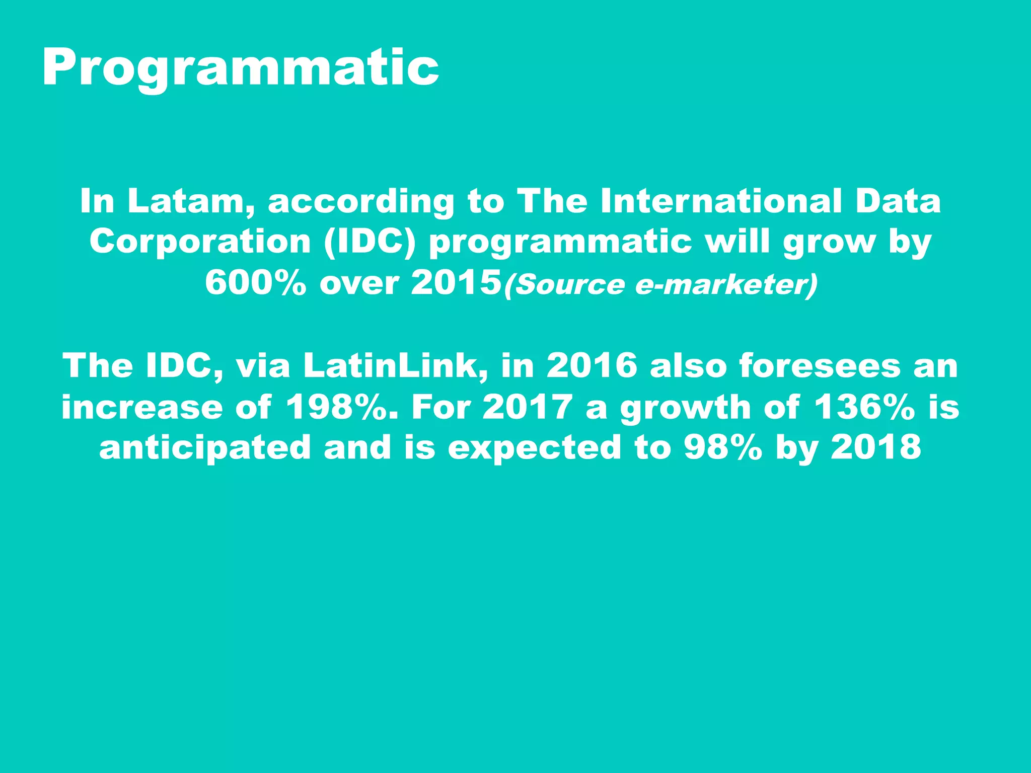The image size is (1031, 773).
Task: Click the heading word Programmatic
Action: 241,68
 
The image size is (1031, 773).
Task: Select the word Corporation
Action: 200,242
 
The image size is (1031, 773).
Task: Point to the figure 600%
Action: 256,283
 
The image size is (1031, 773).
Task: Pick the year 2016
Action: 592,366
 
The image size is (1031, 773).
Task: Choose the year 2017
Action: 527,407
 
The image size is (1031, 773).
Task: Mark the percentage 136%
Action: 864,407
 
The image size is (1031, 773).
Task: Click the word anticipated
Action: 205,448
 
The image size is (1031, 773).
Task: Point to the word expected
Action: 535,448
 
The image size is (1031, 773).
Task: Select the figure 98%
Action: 723,448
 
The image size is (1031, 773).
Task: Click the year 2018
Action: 876,448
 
